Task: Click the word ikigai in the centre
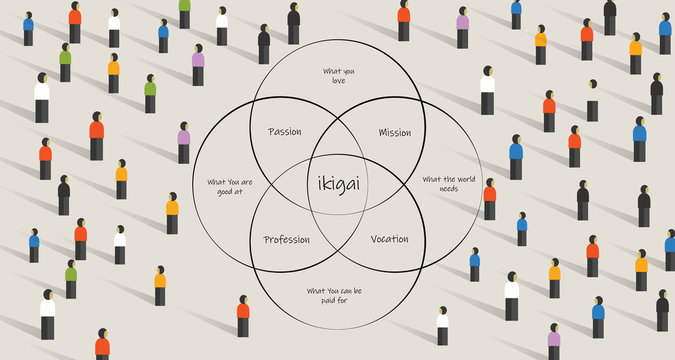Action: [x=337, y=183]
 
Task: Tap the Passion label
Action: [x=285, y=132]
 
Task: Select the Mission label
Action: [x=394, y=132]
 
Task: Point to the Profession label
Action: [x=286, y=239]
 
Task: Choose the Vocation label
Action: [x=389, y=239]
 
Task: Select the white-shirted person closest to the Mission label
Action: [x=487, y=90]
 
